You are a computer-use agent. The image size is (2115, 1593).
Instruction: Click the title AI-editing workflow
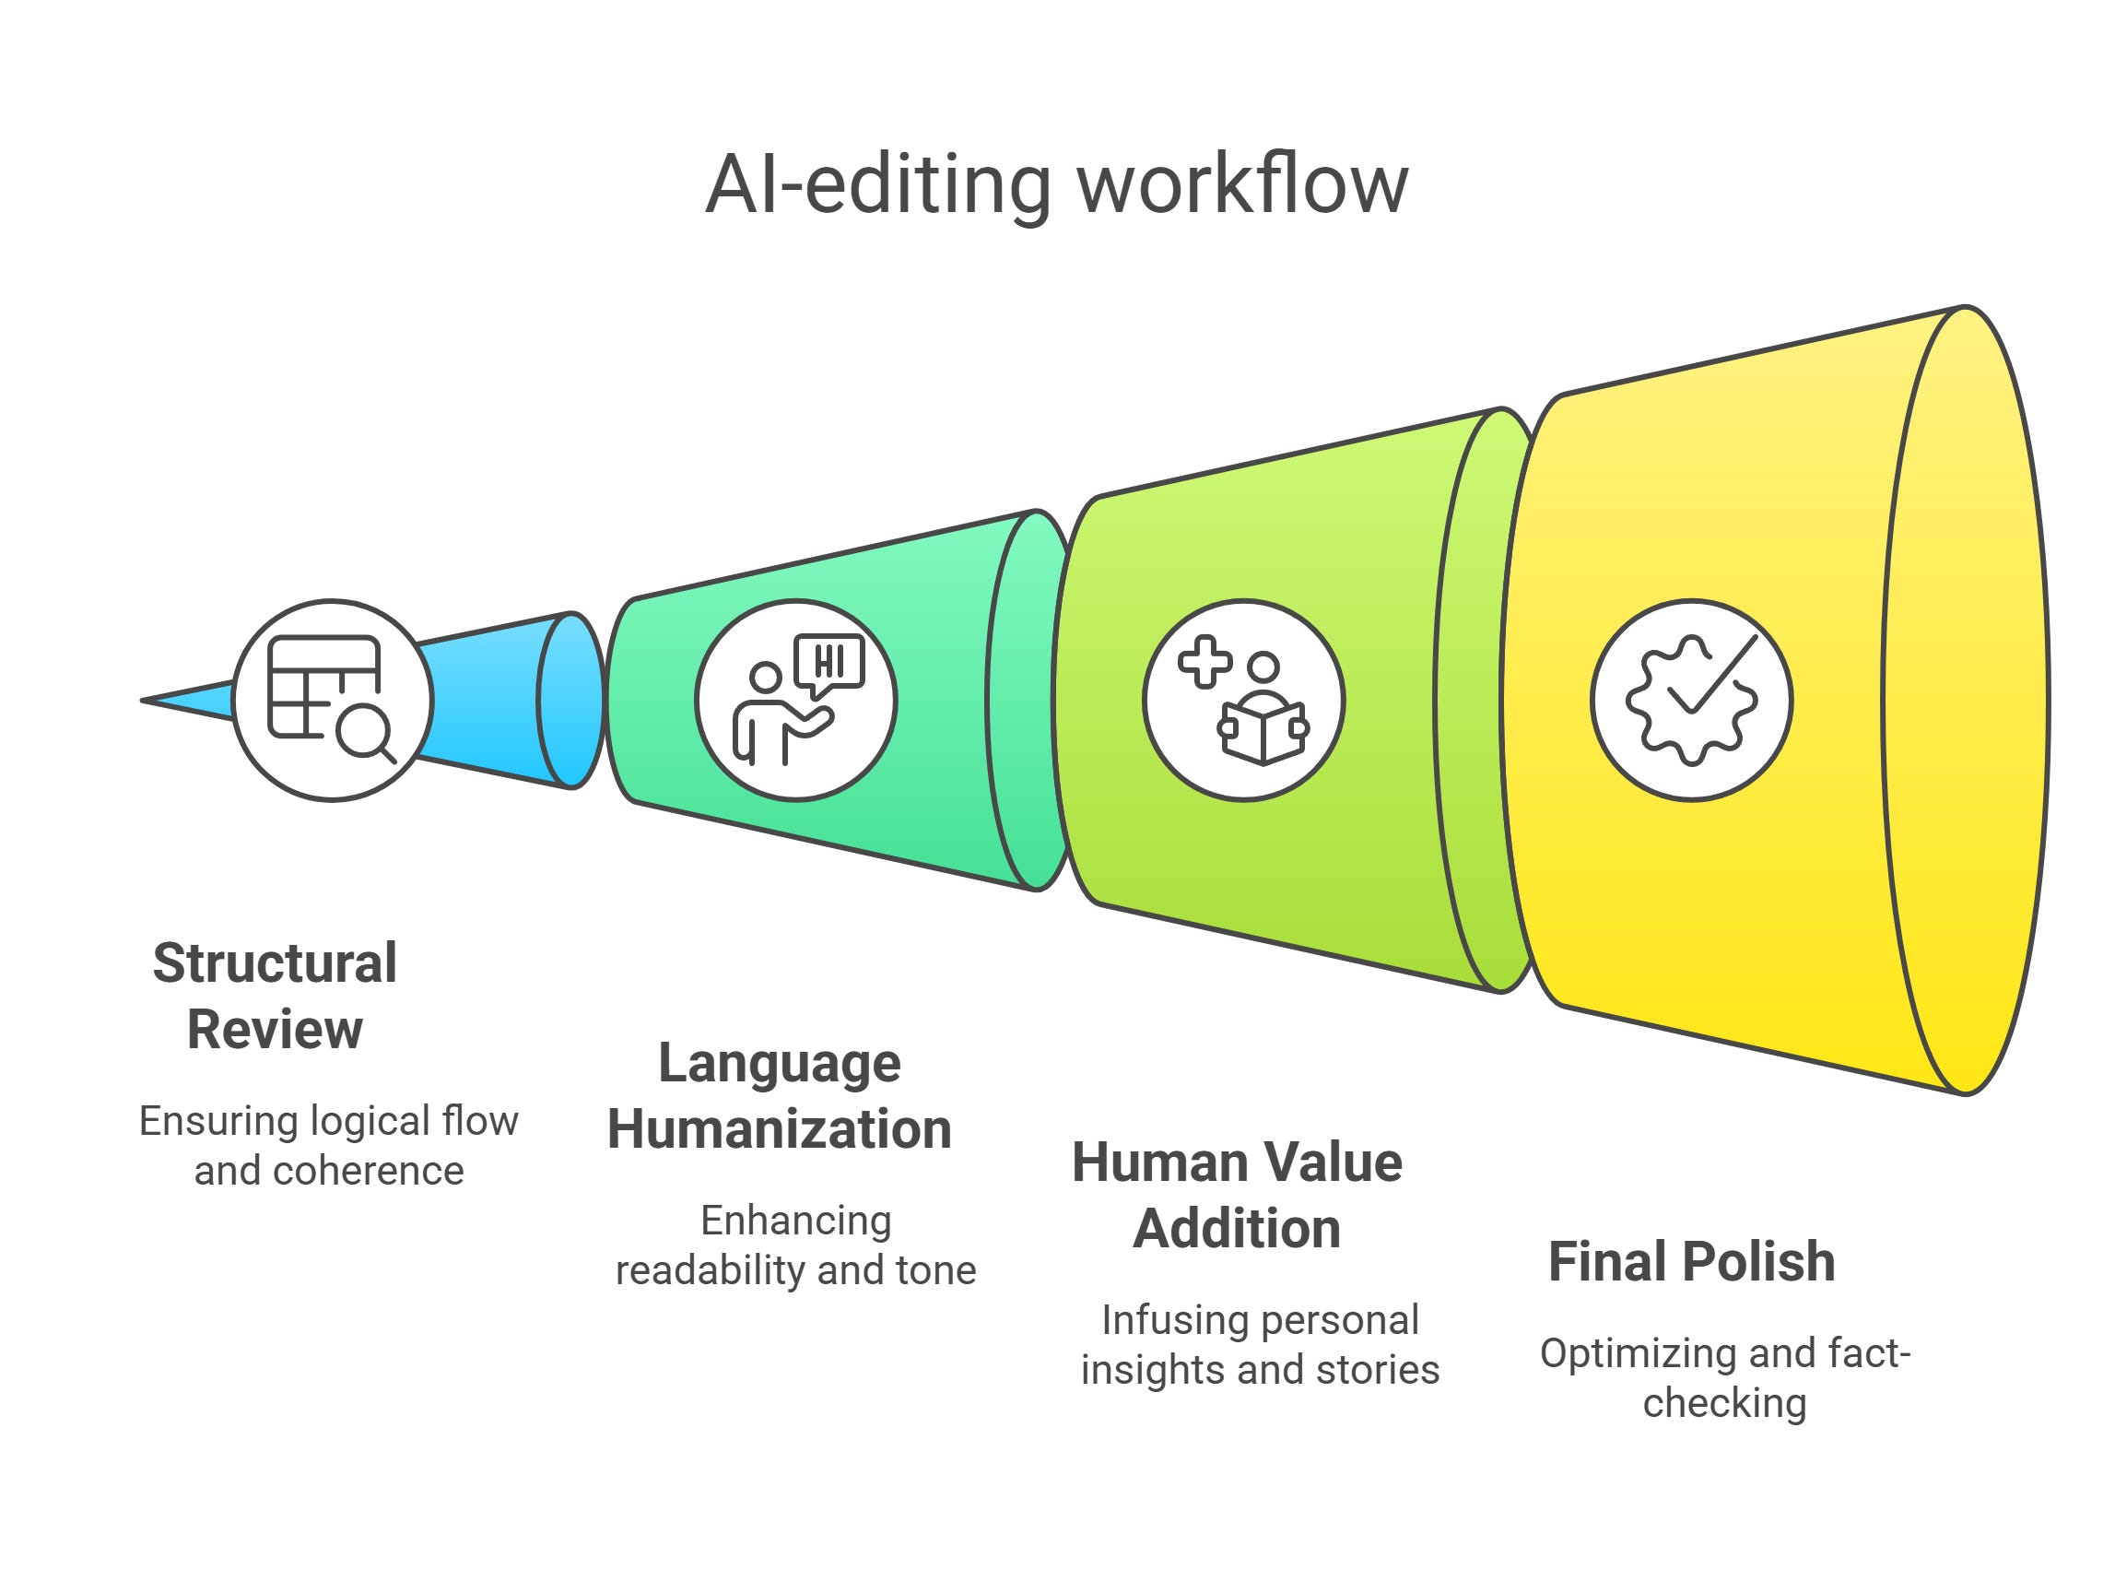tap(1056, 183)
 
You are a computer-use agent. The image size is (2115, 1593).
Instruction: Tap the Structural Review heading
tap(276, 996)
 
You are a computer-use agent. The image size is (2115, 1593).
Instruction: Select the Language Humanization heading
tap(780, 1096)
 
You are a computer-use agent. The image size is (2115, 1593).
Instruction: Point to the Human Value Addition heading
tap(1237, 1196)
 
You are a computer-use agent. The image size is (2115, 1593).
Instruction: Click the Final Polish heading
tap(1691, 1261)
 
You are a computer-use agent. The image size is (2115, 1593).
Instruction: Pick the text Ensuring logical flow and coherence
tap(329, 1146)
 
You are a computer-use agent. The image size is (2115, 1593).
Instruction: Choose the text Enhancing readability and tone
tap(795, 1245)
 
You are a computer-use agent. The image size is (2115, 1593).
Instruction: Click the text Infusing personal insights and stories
tap(1260, 1344)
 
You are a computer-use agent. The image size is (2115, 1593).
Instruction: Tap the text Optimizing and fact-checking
tap(1725, 1378)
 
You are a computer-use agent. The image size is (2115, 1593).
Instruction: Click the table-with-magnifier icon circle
tap(332, 700)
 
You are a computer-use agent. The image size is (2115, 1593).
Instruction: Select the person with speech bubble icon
tap(795, 700)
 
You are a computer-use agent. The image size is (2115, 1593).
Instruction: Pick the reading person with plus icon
tap(1243, 700)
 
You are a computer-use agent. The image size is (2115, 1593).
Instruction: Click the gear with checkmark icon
tap(1691, 700)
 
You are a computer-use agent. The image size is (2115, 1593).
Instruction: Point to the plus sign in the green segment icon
tap(1204, 662)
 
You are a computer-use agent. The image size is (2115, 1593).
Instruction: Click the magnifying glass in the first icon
tap(366, 734)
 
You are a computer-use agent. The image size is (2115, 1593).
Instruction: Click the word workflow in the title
tap(1243, 183)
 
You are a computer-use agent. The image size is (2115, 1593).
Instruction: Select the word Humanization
tap(780, 1129)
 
